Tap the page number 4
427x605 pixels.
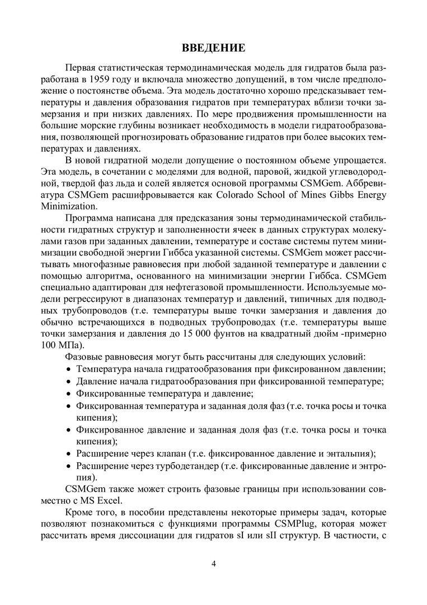(x=213, y=563)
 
